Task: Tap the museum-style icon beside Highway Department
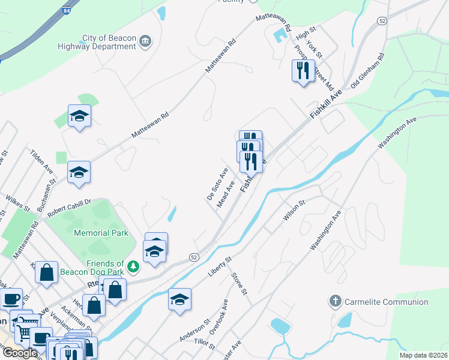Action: [x=145, y=41]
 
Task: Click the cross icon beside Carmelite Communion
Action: [x=336, y=301]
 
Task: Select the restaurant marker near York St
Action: [x=303, y=71]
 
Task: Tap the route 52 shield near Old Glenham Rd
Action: [x=382, y=21]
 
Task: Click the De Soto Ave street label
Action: [x=217, y=184]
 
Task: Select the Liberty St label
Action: [x=220, y=268]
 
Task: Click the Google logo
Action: [x=19, y=353]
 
